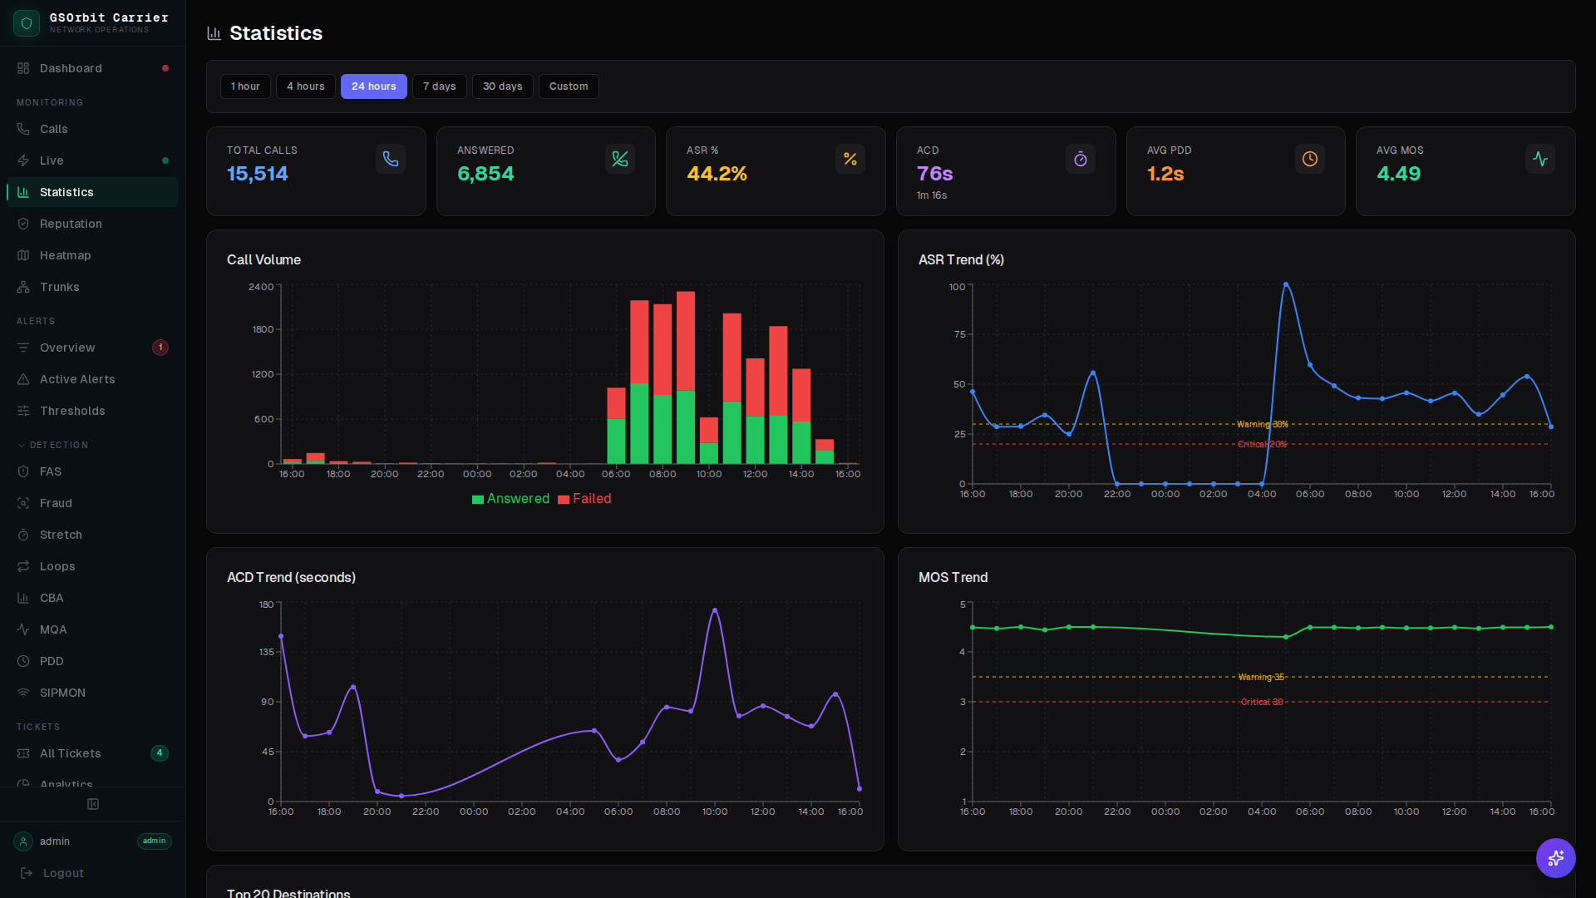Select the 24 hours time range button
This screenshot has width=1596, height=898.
(x=373, y=86)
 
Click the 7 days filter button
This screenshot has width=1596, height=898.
(x=439, y=86)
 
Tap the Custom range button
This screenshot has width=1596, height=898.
(x=568, y=86)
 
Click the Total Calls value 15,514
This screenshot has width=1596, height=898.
(x=257, y=174)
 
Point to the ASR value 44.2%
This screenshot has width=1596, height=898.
(x=716, y=174)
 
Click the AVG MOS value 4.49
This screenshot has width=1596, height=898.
(x=1398, y=174)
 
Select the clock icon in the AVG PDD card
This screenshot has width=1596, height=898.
(x=1309, y=159)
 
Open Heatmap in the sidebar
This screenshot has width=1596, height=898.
(x=65, y=255)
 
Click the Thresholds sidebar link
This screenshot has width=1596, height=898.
(x=72, y=411)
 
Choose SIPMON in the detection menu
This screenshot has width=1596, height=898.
(x=62, y=693)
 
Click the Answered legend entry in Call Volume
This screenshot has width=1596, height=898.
(x=510, y=499)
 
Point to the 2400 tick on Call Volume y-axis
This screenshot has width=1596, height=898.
(x=261, y=287)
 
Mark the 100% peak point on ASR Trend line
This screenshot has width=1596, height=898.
(x=1285, y=285)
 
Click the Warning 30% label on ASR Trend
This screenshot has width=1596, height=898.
(x=1262, y=425)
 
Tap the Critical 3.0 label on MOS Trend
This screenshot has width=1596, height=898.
(x=1261, y=703)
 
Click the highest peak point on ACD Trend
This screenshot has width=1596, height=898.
(x=715, y=611)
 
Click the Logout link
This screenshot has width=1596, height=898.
(x=63, y=873)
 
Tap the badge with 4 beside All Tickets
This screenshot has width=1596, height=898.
(x=160, y=753)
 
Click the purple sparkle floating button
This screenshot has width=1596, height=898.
(x=1555, y=857)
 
